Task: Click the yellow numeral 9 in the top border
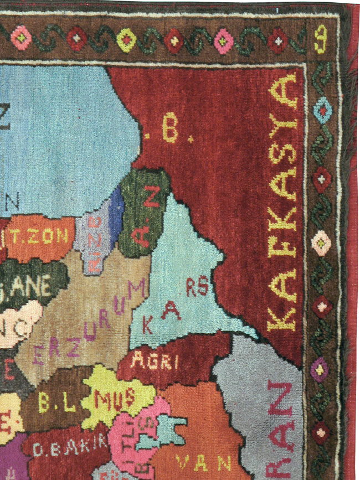320,40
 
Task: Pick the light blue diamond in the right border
321,110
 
